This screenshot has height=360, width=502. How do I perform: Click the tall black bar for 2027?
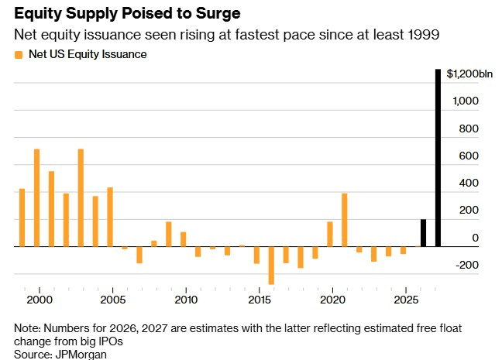point(438,158)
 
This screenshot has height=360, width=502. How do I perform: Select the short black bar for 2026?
point(423,233)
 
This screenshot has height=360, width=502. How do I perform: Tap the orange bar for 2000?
point(37,197)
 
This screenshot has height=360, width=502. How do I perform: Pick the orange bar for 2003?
point(81,197)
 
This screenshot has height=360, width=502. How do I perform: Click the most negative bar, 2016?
point(271,266)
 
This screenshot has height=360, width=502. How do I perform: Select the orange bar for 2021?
point(345,220)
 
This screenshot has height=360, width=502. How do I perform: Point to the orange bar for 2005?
point(110,217)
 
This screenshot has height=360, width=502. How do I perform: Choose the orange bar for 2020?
point(330,235)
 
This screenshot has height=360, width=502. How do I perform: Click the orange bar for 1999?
point(22,218)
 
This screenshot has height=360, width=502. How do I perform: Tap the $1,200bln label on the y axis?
point(469,74)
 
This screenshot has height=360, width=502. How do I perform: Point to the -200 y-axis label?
point(467,265)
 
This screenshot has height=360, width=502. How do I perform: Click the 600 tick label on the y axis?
point(469,156)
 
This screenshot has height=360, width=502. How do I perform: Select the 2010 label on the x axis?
point(186,300)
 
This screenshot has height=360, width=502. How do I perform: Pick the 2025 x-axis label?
point(406,300)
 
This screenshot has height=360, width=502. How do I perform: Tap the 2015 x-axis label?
point(260,300)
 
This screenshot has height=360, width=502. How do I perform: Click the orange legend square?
point(19,55)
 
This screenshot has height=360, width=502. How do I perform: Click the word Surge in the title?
point(218,14)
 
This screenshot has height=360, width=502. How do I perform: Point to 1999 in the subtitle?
point(423,35)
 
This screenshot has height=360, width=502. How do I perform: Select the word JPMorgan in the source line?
point(81,355)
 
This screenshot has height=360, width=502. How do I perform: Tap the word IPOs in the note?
point(109,341)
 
